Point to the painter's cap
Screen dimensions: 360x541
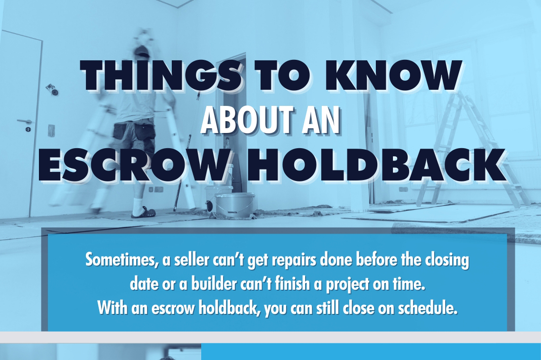coord(141,50)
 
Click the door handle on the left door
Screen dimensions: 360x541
coord(24,122)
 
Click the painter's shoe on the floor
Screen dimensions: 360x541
coord(143,213)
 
